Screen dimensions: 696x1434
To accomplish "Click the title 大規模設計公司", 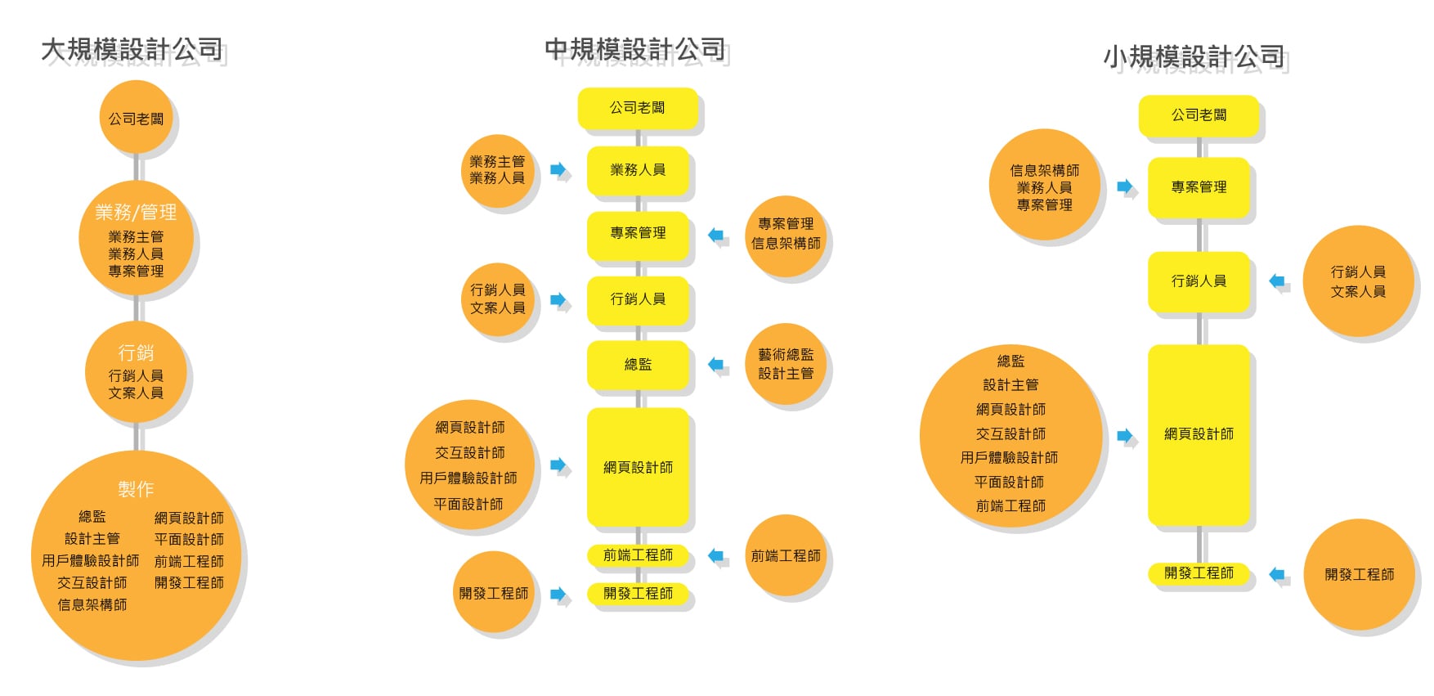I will coord(132,50).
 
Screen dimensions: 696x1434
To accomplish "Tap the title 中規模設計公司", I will coord(635,50).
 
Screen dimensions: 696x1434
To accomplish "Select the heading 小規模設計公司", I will coord(1194,56).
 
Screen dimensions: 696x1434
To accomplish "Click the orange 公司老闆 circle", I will coord(136,119).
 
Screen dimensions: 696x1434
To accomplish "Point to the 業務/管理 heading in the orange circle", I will coord(136,213).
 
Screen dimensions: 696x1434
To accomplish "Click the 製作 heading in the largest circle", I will coord(136,489).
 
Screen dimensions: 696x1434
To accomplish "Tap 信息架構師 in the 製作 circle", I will coord(92,605).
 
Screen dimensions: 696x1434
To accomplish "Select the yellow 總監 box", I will coord(638,365).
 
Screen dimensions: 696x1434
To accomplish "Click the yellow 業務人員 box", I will coord(638,170).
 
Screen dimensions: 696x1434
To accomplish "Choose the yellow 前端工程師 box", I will coord(638,555).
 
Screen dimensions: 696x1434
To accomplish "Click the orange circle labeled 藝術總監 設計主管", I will coord(786,364).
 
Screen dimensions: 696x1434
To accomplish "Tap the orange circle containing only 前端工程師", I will coord(786,556).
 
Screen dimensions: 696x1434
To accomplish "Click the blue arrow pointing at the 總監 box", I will coord(716,365).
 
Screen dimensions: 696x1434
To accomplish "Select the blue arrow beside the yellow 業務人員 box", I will coord(558,170).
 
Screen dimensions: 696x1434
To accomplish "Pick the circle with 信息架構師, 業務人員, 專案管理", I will coord(1044,187).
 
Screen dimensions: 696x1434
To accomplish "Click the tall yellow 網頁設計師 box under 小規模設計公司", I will coord(1199,434).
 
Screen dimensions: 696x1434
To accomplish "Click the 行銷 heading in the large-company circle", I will coord(136,352).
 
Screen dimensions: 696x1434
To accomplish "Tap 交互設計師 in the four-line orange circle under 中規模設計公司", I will coord(469,453).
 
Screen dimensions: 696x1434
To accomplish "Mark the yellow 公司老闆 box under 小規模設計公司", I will coord(1199,115).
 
